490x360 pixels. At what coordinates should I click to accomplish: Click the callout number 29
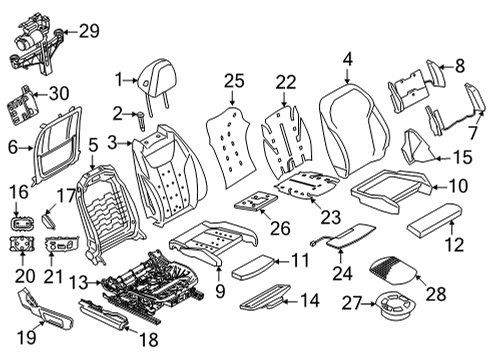pos(89,31)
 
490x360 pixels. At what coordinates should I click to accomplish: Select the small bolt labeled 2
pos(141,121)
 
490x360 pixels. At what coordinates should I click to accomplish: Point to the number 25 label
pos(234,81)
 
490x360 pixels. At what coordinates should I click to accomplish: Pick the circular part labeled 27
pos(395,307)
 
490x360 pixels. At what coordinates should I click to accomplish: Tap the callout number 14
pos(310,300)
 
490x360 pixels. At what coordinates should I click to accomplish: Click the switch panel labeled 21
pos(62,245)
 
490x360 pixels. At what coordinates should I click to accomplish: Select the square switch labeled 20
pos(22,244)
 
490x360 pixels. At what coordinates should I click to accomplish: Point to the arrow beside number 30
pos(41,95)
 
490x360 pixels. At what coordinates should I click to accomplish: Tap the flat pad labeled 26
pos(256,201)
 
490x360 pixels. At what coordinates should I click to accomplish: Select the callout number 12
pos(454,244)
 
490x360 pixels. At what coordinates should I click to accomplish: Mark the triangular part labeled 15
pos(418,147)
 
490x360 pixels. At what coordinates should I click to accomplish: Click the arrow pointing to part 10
pos(440,188)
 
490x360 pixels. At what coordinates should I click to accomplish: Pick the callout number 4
pos(347,60)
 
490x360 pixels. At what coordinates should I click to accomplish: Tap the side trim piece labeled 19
pos(45,309)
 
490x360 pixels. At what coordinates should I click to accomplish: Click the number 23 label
pos(331,217)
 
